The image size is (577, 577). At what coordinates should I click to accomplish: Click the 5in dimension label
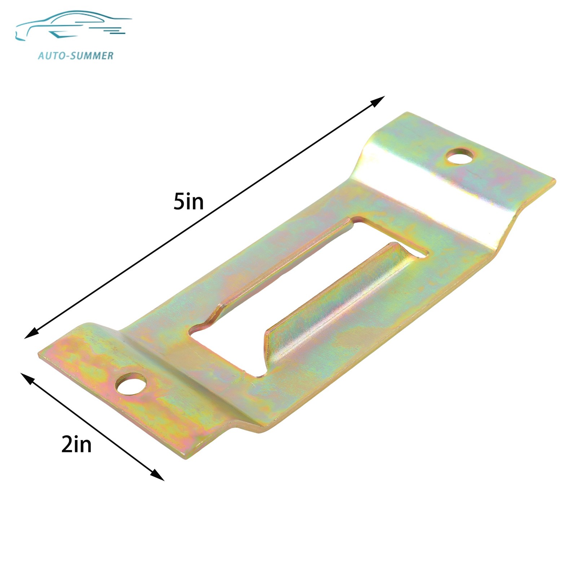[188, 202]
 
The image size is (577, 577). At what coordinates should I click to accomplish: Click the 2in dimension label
[76, 444]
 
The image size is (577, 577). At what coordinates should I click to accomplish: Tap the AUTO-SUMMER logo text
[76, 56]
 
